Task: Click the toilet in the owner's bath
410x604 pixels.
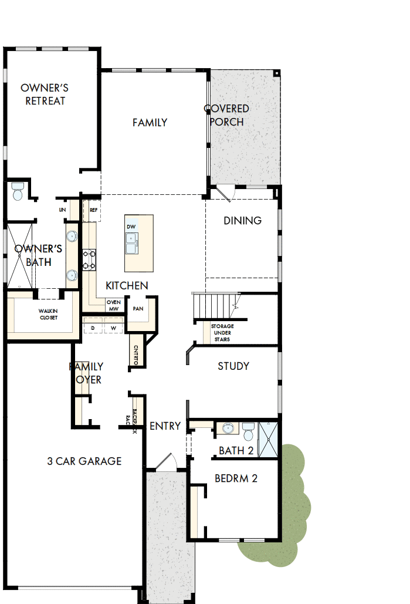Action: [x=18, y=191]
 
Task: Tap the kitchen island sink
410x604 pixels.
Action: [x=131, y=241]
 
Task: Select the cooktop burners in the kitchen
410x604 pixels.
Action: [x=89, y=260]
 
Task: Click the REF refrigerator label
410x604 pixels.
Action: [x=94, y=209]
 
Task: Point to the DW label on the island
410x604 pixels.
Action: [x=131, y=226]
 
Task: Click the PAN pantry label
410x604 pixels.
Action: [x=138, y=308]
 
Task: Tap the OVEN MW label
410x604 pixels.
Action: [x=113, y=305]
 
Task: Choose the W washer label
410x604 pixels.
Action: [x=113, y=327]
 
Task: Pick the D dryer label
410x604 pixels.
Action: [x=93, y=327]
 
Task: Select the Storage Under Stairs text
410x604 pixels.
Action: [x=222, y=333]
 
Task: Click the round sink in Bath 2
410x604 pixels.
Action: [x=227, y=429]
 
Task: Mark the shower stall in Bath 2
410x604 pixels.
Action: [x=269, y=440]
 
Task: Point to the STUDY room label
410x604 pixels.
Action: [x=233, y=366]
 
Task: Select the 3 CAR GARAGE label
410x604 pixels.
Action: [x=84, y=461]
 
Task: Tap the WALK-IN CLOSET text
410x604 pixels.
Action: [x=49, y=314]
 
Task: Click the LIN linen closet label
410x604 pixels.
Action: [x=62, y=210]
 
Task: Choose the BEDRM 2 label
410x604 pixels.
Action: [x=236, y=478]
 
